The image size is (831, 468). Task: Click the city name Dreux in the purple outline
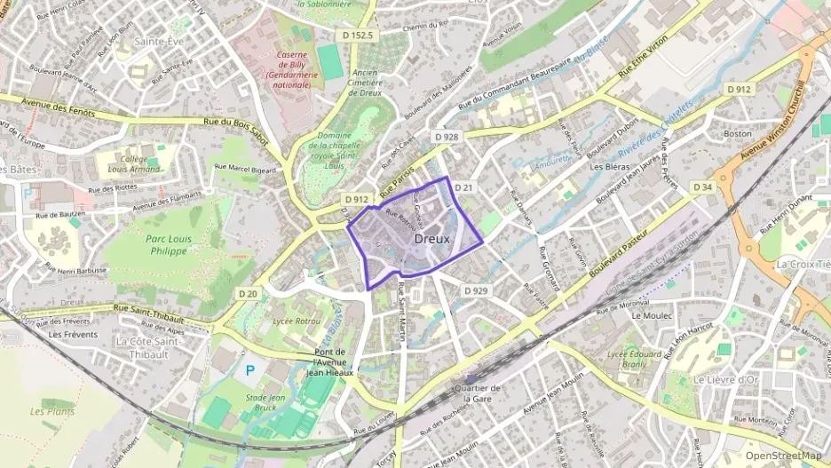click(x=432, y=239)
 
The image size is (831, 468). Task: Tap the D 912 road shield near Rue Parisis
click(x=357, y=200)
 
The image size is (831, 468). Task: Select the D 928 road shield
click(x=447, y=137)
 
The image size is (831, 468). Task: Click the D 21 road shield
click(x=463, y=187)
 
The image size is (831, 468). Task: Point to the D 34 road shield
click(x=703, y=186)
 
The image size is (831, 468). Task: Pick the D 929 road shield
click(x=476, y=290)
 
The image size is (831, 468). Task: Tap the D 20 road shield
click(x=248, y=293)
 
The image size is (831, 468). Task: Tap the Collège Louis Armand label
click(x=134, y=163)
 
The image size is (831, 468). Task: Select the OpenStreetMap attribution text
click(x=783, y=455)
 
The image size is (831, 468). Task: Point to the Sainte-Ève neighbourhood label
click(x=151, y=41)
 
